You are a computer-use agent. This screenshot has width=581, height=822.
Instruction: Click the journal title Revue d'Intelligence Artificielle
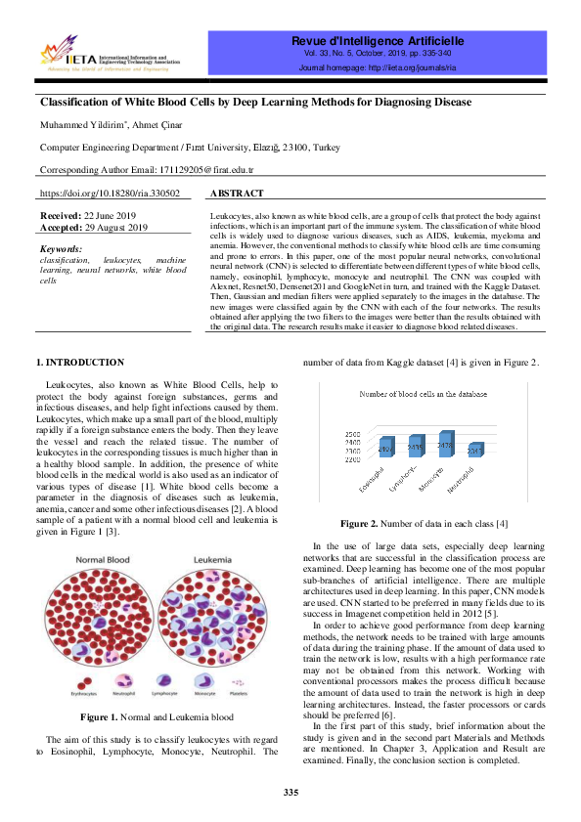(376, 41)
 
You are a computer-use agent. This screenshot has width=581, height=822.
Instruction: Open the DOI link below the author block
(110, 194)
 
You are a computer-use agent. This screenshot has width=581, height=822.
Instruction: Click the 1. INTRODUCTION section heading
(80, 363)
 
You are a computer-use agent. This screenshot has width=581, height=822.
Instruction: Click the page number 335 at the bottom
(290, 791)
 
